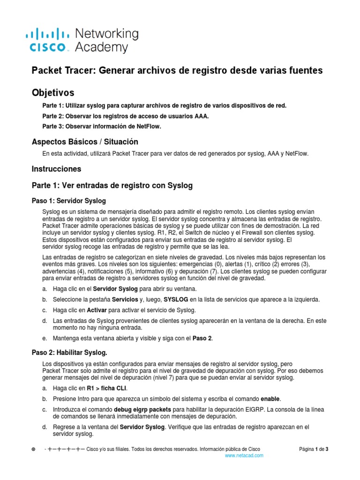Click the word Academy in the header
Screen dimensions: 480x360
point(101,47)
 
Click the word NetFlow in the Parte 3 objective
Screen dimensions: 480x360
point(141,127)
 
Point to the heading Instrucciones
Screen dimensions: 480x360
point(56,169)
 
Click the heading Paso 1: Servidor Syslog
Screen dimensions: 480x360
point(68,201)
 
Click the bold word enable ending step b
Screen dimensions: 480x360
point(270,398)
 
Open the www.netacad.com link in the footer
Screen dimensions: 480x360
point(244,455)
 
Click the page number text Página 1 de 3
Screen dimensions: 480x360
point(314,449)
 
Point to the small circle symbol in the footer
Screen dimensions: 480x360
point(33,449)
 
